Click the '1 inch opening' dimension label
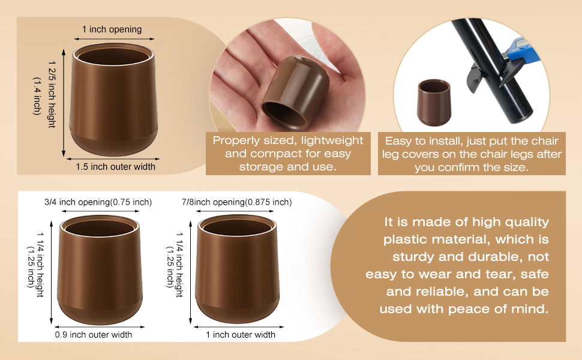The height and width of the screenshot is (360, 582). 112,29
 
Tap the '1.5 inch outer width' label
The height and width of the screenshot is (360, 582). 115,167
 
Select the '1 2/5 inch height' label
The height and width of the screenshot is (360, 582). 52,94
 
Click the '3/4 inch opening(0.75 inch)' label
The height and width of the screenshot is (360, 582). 98,202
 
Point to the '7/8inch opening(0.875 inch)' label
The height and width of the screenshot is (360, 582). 237,202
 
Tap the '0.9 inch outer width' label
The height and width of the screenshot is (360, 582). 94,335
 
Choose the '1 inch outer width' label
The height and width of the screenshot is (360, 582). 241,335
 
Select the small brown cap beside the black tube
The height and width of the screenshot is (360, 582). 434,102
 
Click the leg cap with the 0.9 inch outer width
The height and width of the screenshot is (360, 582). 100,270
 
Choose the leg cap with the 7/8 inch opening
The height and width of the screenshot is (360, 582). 237,269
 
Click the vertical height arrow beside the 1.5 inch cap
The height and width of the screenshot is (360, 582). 64,103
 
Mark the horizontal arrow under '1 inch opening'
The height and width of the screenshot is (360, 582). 114,38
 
